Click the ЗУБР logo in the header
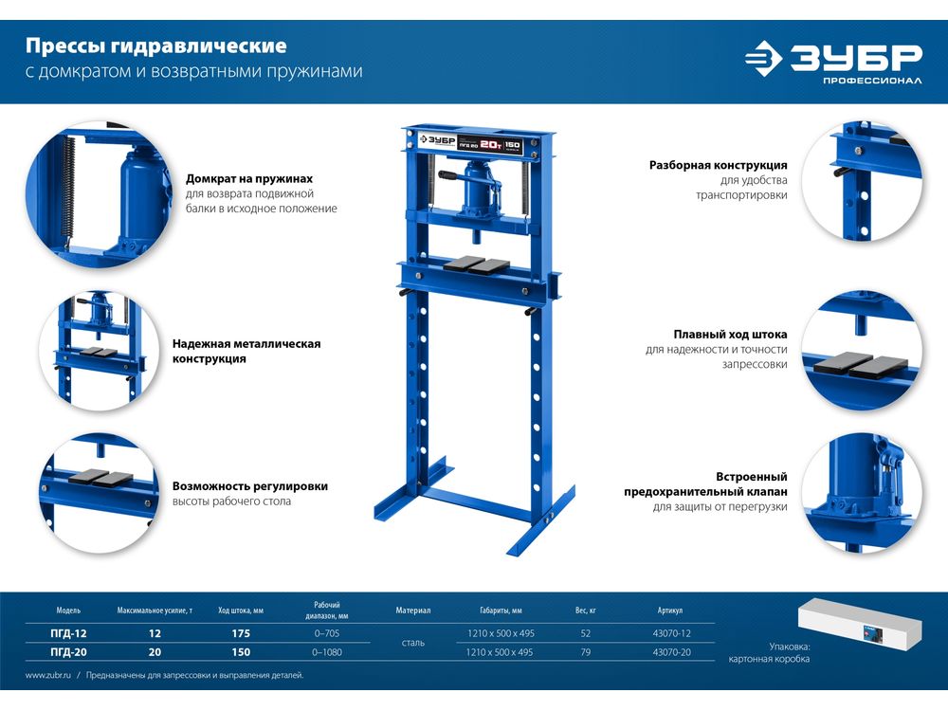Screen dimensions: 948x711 (x=833, y=62)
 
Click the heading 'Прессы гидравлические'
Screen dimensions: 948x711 (x=156, y=46)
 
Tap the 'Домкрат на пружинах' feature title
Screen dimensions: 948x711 (x=249, y=179)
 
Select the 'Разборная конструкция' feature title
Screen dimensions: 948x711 (x=719, y=165)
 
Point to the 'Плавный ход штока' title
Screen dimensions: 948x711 (x=730, y=335)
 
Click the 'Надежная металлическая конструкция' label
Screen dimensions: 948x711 (x=246, y=352)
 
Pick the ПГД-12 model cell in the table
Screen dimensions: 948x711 (x=68, y=633)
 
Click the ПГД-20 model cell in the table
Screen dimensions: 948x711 (x=68, y=652)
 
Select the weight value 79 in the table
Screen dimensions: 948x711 (x=585, y=652)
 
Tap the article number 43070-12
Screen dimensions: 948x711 (x=672, y=633)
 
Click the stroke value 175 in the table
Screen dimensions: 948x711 (x=241, y=633)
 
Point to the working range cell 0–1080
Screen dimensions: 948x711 (x=326, y=652)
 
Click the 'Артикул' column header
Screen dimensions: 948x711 (x=670, y=611)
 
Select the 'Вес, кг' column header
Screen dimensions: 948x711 (x=585, y=611)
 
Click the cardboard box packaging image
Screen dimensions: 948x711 (x=860, y=624)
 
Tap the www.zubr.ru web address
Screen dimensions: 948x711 (x=48, y=675)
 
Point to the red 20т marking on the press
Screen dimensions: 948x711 (x=491, y=144)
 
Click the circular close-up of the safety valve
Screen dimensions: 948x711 (x=862, y=492)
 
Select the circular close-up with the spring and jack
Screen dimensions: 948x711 (x=99, y=194)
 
